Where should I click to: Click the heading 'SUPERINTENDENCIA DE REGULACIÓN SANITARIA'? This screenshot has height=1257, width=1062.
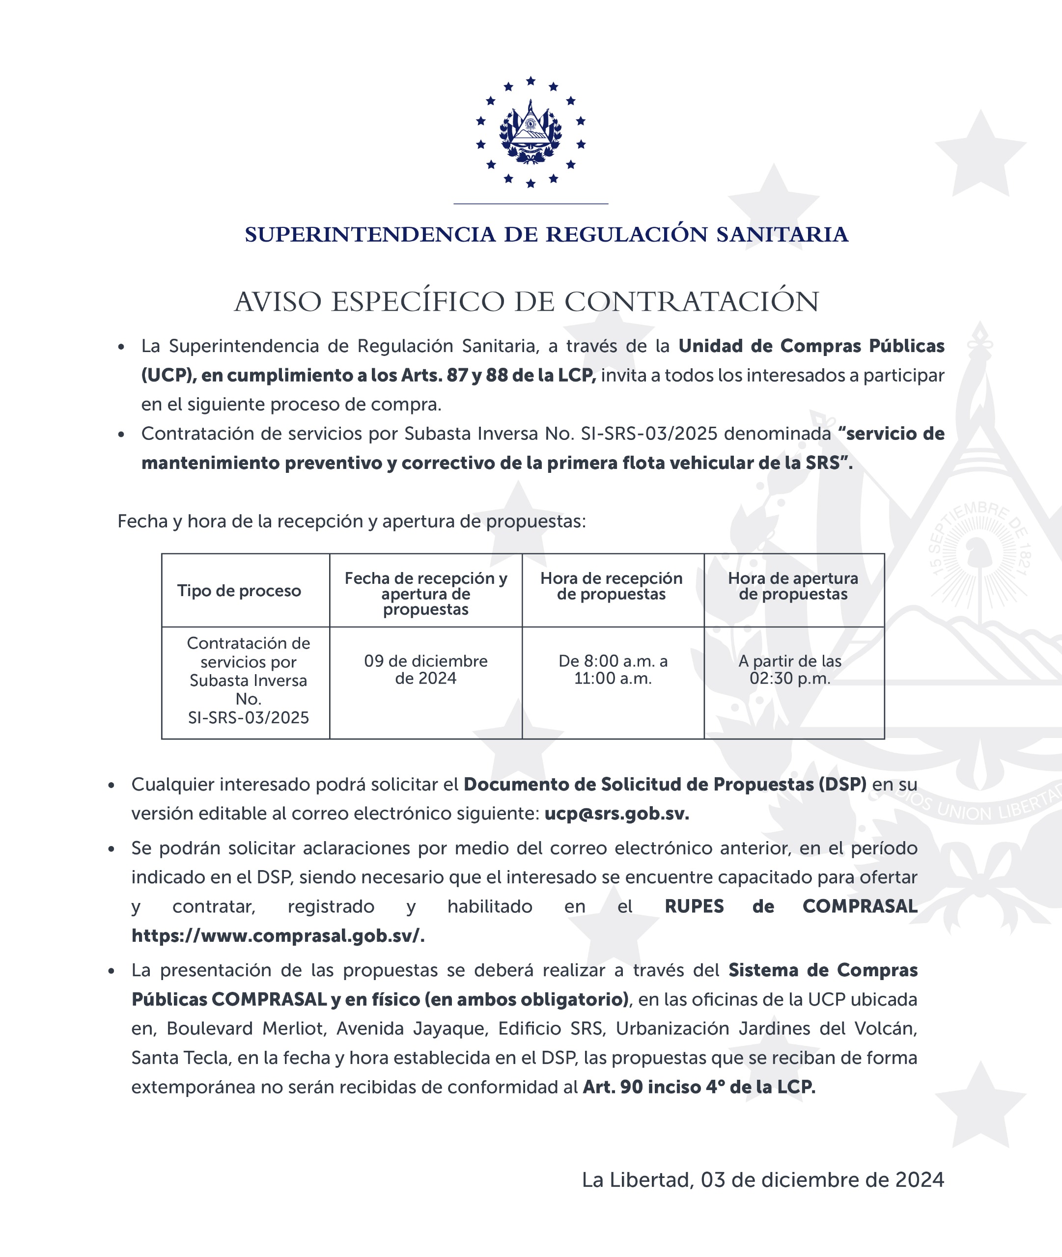click(546, 235)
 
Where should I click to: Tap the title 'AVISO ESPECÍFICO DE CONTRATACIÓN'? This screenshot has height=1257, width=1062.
click(526, 301)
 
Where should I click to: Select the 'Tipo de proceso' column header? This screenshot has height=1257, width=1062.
click(239, 591)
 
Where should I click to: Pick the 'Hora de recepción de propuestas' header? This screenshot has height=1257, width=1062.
click(611, 586)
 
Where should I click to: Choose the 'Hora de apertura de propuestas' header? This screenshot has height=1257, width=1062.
click(793, 586)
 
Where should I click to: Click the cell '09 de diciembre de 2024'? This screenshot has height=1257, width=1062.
click(426, 669)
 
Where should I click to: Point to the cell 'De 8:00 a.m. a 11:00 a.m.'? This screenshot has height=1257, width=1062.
click(613, 669)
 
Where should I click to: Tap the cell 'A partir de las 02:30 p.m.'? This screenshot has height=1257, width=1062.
click(790, 669)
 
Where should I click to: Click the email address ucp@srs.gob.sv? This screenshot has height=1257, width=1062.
click(616, 814)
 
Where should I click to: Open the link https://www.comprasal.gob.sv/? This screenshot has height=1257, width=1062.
click(278, 936)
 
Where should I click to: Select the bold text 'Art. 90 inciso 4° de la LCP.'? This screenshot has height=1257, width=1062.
click(699, 1087)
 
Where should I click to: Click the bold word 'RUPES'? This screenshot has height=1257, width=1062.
click(694, 906)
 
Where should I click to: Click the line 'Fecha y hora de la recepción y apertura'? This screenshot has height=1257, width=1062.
click(351, 521)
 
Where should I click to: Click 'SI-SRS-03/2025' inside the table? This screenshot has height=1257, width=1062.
click(248, 718)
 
